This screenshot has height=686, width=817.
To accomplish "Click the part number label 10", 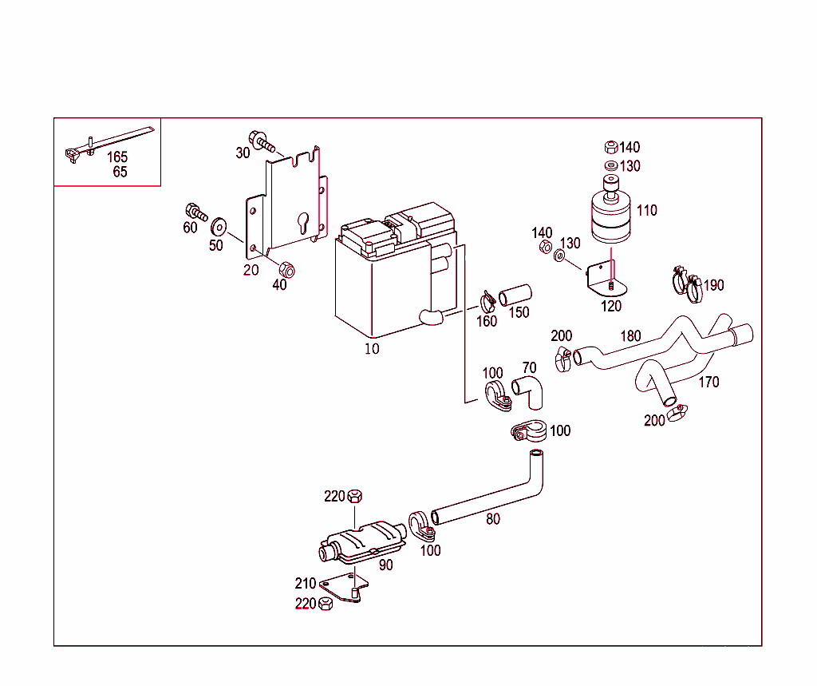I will tap(372, 348).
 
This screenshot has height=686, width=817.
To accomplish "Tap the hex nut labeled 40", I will tap(286, 269).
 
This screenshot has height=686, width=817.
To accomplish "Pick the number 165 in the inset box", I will tap(118, 157).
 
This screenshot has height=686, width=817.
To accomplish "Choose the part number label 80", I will tap(493, 518).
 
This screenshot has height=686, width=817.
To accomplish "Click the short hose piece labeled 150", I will tap(515, 295).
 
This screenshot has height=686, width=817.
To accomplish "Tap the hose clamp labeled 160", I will tap(487, 301).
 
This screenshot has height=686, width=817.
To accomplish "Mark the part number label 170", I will tap(708, 382).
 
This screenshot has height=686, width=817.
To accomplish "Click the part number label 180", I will tap(630, 336).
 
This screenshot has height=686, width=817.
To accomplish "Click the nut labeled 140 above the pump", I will tap(610, 147).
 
